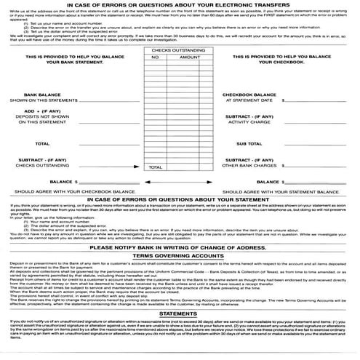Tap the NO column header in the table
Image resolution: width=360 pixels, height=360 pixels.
(154, 56)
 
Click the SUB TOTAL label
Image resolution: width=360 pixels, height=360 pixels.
(268, 143)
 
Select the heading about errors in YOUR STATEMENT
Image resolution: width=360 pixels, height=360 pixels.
(180, 201)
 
